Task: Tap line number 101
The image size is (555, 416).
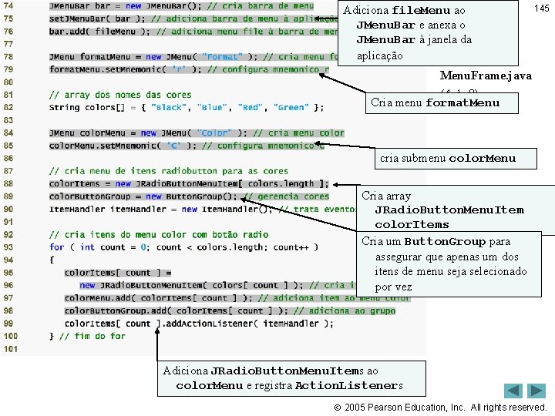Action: (10, 348)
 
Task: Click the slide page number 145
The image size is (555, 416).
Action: (541, 8)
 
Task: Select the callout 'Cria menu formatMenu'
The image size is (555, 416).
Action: (435, 102)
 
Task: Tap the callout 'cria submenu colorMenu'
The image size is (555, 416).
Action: (448, 159)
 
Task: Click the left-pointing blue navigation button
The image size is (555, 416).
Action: (513, 391)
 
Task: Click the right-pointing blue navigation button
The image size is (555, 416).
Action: (536, 391)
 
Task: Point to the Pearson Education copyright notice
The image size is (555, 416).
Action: (446, 407)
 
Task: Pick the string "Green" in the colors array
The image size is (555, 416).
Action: (291, 108)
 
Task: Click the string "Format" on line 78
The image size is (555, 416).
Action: (222, 57)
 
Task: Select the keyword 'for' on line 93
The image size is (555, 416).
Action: (56, 247)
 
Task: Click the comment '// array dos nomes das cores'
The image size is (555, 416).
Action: (120, 95)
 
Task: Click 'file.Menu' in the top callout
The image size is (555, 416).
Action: (420, 11)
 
